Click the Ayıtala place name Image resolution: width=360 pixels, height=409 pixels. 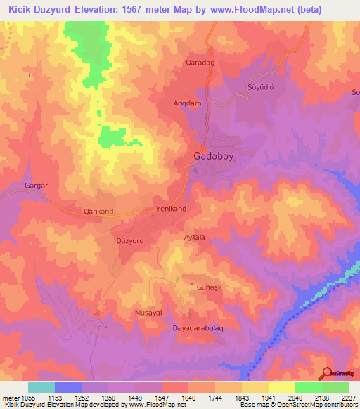[x=195, y=238]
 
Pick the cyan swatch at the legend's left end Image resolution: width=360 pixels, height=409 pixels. [x=41, y=387]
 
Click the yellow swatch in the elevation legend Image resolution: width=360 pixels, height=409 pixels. [x=282, y=387]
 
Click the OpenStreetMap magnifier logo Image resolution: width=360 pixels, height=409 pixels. [x=328, y=373]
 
